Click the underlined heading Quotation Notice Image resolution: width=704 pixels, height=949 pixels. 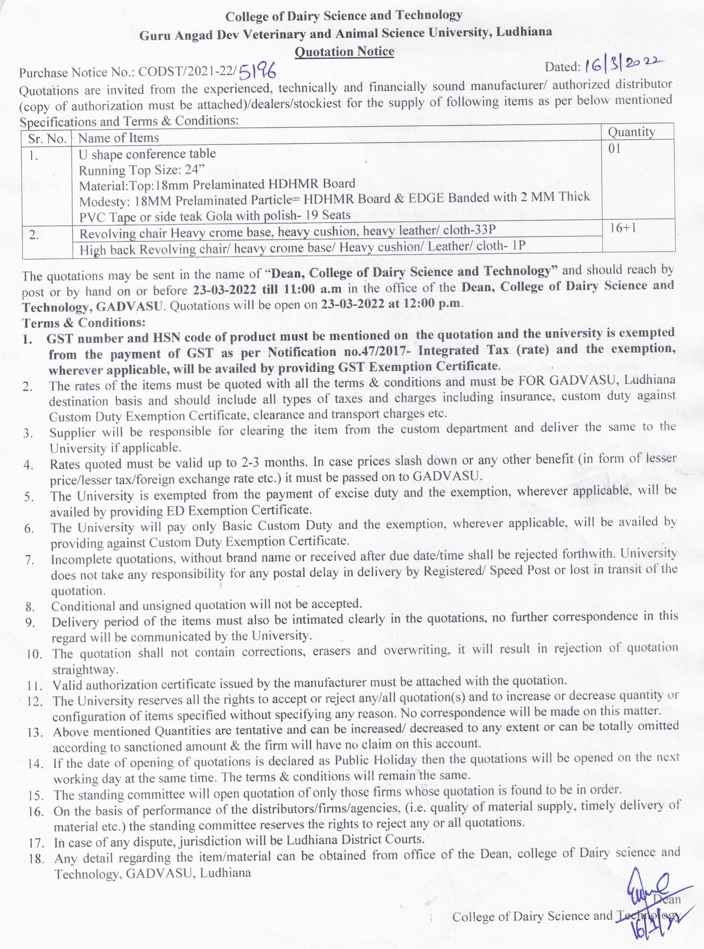click(x=344, y=51)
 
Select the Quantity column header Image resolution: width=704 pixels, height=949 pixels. click(x=631, y=132)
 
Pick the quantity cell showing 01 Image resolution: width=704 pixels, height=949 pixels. click(x=614, y=148)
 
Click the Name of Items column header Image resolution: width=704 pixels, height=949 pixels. click(x=118, y=138)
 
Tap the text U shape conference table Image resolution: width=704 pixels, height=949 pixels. click(x=147, y=154)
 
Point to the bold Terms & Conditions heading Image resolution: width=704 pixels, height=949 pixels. click(x=84, y=322)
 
